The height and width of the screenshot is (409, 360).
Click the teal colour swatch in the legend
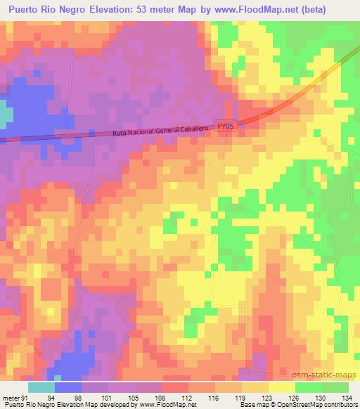click(x=41, y=387)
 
